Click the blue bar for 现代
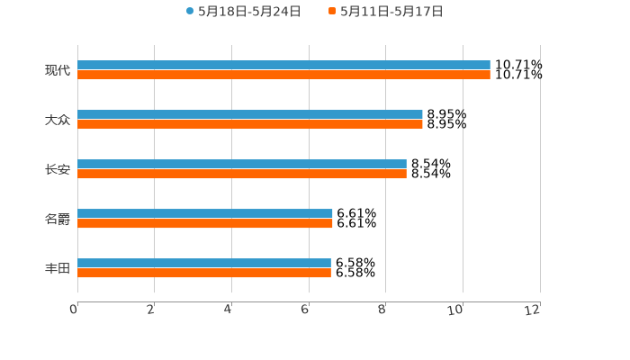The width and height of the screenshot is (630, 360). pyautogui.click(x=283, y=66)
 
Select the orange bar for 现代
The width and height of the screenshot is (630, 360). pyautogui.click(x=283, y=76)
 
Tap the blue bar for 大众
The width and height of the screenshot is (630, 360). pyautogui.click(x=250, y=115)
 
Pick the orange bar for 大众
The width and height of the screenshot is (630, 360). pyautogui.click(x=250, y=125)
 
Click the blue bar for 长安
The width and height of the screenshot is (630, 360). pyautogui.click(x=242, y=165)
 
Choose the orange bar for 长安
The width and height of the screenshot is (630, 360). pyautogui.click(x=242, y=175)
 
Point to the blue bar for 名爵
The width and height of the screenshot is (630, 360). pyautogui.click(x=205, y=214)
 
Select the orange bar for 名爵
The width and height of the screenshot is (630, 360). pyautogui.click(x=205, y=224)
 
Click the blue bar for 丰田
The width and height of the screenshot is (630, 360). pyautogui.click(x=204, y=264)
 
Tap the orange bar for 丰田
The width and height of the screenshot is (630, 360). pyautogui.click(x=204, y=274)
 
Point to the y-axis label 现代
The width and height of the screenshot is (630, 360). pyautogui.click(x=58, y=70)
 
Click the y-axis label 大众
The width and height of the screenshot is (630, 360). pyautogui.click(x=58, y=120)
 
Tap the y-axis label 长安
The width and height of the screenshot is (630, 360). pyautogui.click(x=58, y=169)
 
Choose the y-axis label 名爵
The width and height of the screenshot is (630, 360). pyautogui.click(x=58, y=219)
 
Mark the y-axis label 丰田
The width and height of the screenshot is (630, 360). pyautogui.click(x=58, y=268)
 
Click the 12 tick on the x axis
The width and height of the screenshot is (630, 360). pyautogui.click(x=533, y=310)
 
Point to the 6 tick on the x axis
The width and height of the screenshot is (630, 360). pyautogui.click(x=305, y=310)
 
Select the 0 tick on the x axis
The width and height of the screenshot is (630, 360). pyautogui.click(x=74, y=310)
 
